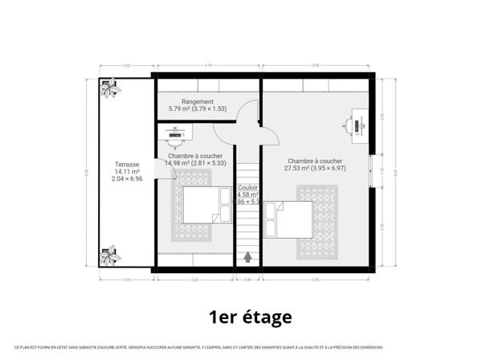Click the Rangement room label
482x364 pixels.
click(x=198, y=101)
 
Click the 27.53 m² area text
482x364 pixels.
click(x=317, y=169)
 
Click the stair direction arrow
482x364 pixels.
click(x=247, y=257)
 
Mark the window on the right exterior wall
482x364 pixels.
click(x=372, y=171)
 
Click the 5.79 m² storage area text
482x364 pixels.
click(x=197, y=108)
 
